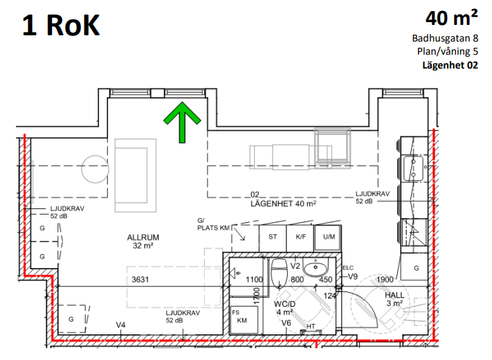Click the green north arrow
click(x=182, y=123)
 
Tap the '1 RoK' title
click(x=61, y=26)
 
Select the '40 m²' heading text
click(x=452, y=17)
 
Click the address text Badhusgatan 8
click(x=445, y=38)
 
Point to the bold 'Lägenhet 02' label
click(x=450, y=65)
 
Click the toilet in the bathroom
click(x=279, y=273)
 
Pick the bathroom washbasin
click(x=316, y=268)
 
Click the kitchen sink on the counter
click(x=413, y=168)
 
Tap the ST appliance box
click(x=273, y=237)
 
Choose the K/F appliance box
click(x=300, y=237)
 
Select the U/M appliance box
click(x=328, y=237)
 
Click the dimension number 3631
click(x=140, y=279)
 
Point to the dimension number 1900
click(x=385, y=279)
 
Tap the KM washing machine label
click(x=242, y=321)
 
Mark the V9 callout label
click(x=353, y=276)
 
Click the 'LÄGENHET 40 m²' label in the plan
click(x=283, y=204)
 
